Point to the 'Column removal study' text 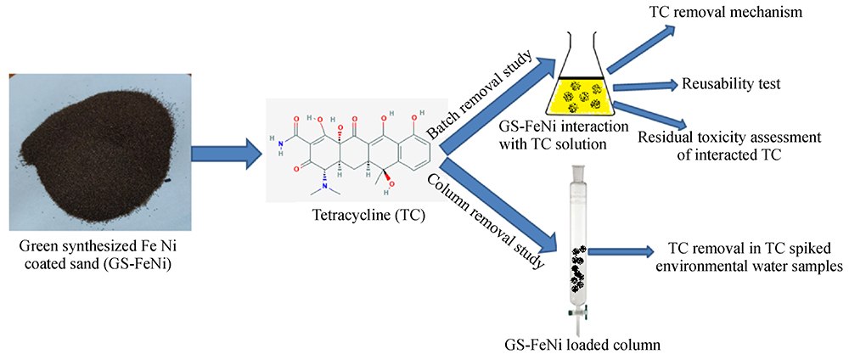coord(485,220)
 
